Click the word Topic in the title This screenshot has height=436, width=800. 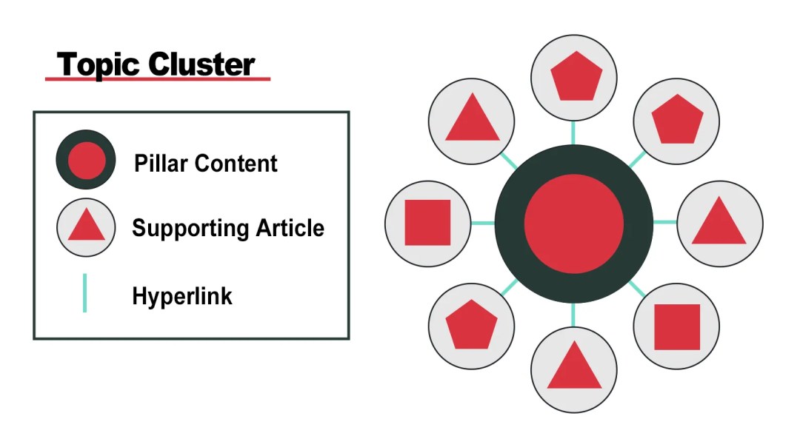pos(99,64)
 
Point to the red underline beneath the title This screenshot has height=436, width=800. pos(157,78)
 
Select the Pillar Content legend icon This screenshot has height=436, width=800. pos(86,159)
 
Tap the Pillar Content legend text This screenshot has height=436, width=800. pos(206,164)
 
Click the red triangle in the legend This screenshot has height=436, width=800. pos(86,226)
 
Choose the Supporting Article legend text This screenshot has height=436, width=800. pos(228,227)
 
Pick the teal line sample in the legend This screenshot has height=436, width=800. pos(84,293)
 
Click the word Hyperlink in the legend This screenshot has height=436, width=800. pos(182,297)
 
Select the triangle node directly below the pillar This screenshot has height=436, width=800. pos(574,369)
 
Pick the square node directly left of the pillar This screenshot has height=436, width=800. pos(427,223)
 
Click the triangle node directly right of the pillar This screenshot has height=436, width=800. pos(719,223)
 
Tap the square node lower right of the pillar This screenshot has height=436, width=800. pos(676,326)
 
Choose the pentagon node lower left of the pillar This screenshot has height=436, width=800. pos(471,326)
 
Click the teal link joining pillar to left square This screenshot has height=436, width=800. pos(483,223)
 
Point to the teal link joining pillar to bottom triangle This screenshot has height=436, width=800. pos(573,315)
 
